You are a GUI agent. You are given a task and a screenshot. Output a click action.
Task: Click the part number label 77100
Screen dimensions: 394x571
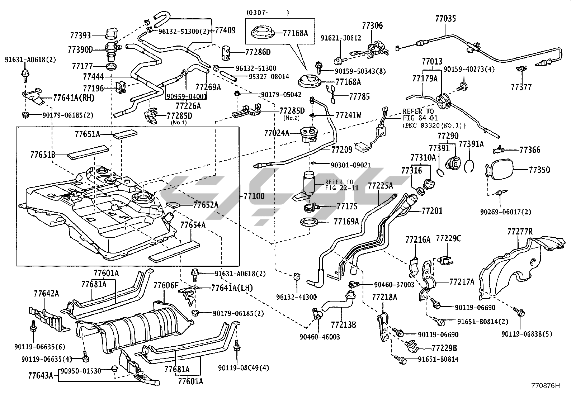pos(254,196)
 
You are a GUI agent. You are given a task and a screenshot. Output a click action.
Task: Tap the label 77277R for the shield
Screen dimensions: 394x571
pos(520,232)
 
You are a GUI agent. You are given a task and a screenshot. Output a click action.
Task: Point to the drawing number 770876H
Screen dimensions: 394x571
pos(545,386)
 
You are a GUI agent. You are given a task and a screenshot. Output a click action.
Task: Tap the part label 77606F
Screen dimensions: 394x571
pos(166,285)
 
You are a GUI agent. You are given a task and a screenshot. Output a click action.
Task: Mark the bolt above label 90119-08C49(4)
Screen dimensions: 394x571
pos(237,347)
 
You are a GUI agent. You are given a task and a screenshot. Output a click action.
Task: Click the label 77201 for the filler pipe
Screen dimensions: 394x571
pos(432,211)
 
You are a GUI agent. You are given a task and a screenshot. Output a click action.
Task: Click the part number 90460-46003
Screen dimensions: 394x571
pos(320,337)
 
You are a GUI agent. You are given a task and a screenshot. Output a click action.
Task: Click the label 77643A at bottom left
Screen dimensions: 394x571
pos(40,376)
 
